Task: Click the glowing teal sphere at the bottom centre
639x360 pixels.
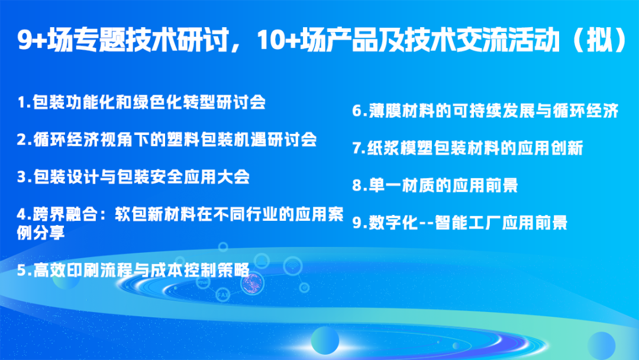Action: click(325, 340)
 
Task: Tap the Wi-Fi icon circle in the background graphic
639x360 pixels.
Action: click(291, 268)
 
